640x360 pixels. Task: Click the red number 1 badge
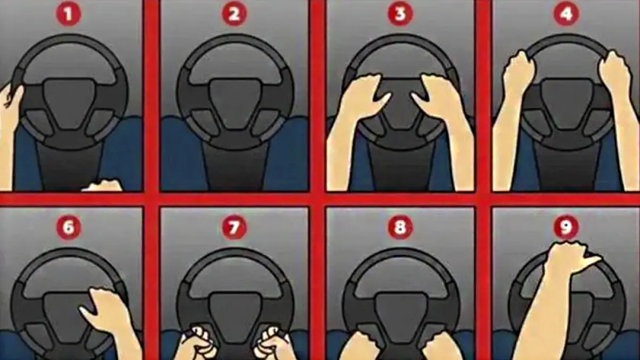(x=69, y=14)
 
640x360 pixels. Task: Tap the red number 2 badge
(x=234, y=14)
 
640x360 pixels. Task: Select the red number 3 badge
(x=400, y=14)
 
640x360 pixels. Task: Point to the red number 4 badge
(x=566, y=14)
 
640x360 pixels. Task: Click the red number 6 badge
(x=69, y=228)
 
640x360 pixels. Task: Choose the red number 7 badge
(x=234, y=228)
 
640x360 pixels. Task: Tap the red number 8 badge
(x=400, y=228)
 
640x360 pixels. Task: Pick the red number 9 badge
(x=566, y=228)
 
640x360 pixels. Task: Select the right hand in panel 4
(x=614, y=71)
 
